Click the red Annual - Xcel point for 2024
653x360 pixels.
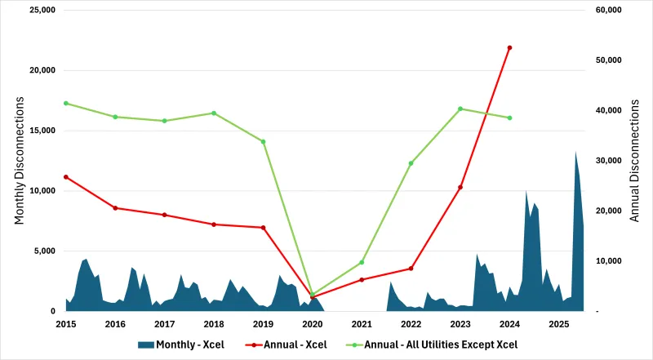pyautogui.click(x=509, y=47)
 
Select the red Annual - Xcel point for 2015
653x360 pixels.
pyautogui.click(x=66, y=176)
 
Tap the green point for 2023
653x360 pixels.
pyautogui.click(x=460, y=109)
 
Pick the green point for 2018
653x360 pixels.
pyautogui.click(x=214, y=113)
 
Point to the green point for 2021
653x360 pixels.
pyautogui.click(x=362, y=262)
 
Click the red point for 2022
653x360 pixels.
pyautogui.click(x=411, y=269)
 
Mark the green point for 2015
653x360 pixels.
pyautogui.click(x=66, y=103)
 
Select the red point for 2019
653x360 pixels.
pyautogui.click(x=263, y=227)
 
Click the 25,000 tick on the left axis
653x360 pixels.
pyautogui.click(x=38, y=10)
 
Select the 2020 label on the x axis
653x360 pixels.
pyautogui.click(x=312, y=324)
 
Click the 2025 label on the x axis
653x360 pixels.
pyautogui.click(x=558, y=324)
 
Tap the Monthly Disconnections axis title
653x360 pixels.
pyautogui.click(x=20, y=161)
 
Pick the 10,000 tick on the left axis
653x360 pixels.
pyautogui.click(x=38, y=191)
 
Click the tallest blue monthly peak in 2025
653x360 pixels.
pyautogui.click(x=575, y=153)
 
